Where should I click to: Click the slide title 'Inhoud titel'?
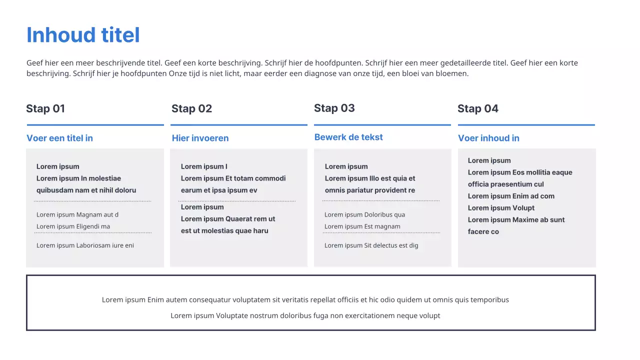[x=83, y=35]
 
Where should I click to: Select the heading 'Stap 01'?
[x=45, y=108]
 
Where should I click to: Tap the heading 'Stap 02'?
[x=191, y=108]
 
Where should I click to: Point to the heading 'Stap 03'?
[x=334, y=108]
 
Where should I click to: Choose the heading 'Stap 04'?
[x=477, y=108]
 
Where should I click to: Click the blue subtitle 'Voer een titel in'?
[x=59, y=138]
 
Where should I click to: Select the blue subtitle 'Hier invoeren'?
[x=200, y=138]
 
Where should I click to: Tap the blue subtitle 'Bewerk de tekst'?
[x=348, y=137]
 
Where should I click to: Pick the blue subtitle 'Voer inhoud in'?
[x=488, y=138]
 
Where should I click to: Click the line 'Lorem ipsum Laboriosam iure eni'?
[x=85, y=245]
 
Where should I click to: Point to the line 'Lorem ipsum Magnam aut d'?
[x=77, y=214]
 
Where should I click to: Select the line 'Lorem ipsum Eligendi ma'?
[x=73, y=226]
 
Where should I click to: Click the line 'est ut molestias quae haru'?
[x=224, y=230]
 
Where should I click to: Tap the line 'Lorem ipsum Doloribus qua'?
[x=364, y=214]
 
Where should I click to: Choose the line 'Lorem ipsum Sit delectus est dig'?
[x=371, y=245]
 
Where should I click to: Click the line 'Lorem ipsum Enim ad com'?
[x=511, y=196]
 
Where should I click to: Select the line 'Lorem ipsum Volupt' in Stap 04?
[x=501, y=208]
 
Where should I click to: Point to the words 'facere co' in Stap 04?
[x=483, y=231]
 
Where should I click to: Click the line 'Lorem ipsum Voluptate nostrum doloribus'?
[x=305, y=315]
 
